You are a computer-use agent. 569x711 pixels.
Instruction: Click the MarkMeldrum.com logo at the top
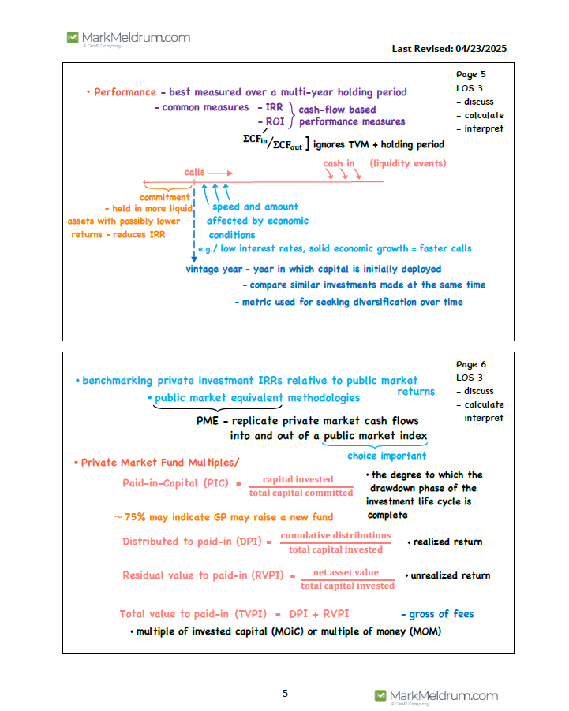(x=129, y=38)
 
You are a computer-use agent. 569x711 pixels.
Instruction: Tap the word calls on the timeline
(x=195, y=172)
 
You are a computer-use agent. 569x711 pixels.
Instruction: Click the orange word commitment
(x=165, y=197)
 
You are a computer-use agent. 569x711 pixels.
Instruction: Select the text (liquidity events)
(x=408, y=163)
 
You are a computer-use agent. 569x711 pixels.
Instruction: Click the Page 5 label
(x=471, y=75)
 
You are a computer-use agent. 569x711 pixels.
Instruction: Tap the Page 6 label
(x=471, y=364)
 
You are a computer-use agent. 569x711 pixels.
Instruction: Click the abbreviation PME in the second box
(x=207, y=421)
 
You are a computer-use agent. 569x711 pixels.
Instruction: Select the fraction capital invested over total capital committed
(x=301, y=486)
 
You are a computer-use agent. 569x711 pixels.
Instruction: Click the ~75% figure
(x=130, y=517)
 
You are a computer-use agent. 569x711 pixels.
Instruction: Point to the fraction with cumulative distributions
(x=335, y=542)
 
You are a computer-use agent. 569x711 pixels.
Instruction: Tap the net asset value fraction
(x=346, y=579)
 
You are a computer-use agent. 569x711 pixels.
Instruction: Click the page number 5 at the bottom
(x=285, y=694)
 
